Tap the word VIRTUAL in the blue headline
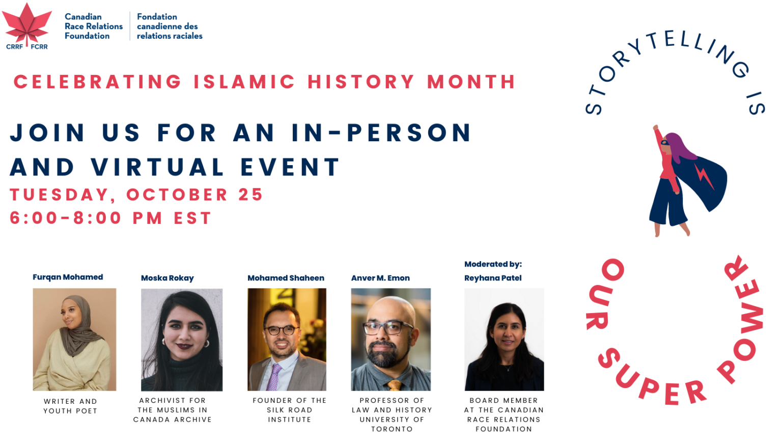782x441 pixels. click(x=158, y=167)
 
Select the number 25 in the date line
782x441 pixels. click(x=250, y=195)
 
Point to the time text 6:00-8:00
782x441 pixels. click(x=66, y=218)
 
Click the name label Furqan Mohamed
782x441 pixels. click(x=68, y=277)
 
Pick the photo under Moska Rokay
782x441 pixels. click(x=182, y=340)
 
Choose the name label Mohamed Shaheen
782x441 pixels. click(x=286, y=278)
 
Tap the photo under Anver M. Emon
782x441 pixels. click(x=390, y=340)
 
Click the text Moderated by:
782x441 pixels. click(x=493, y=264)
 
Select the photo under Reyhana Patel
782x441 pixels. click(x=504, y=340)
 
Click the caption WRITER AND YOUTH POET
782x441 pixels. click(x=70, y=406)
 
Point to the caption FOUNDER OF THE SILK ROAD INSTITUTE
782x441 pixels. click(x=289, y=410)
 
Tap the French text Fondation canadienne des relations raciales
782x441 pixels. click(x=170, y=26)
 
